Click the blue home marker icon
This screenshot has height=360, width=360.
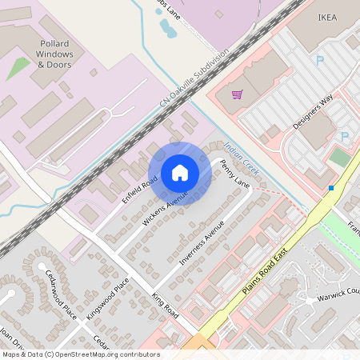click(180, 173)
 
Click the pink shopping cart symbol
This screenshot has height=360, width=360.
click(237, 94)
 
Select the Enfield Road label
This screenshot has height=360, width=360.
click(138, 192)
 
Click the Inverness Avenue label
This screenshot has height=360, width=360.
click(202, 242)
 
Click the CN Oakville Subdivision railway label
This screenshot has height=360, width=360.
click(194, 78)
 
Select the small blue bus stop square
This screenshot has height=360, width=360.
click(330, 188)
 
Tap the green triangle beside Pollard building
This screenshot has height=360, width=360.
click(18, 69)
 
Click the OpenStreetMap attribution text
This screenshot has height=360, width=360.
click(80, 354)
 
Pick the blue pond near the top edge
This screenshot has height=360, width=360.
click(167, 29)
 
